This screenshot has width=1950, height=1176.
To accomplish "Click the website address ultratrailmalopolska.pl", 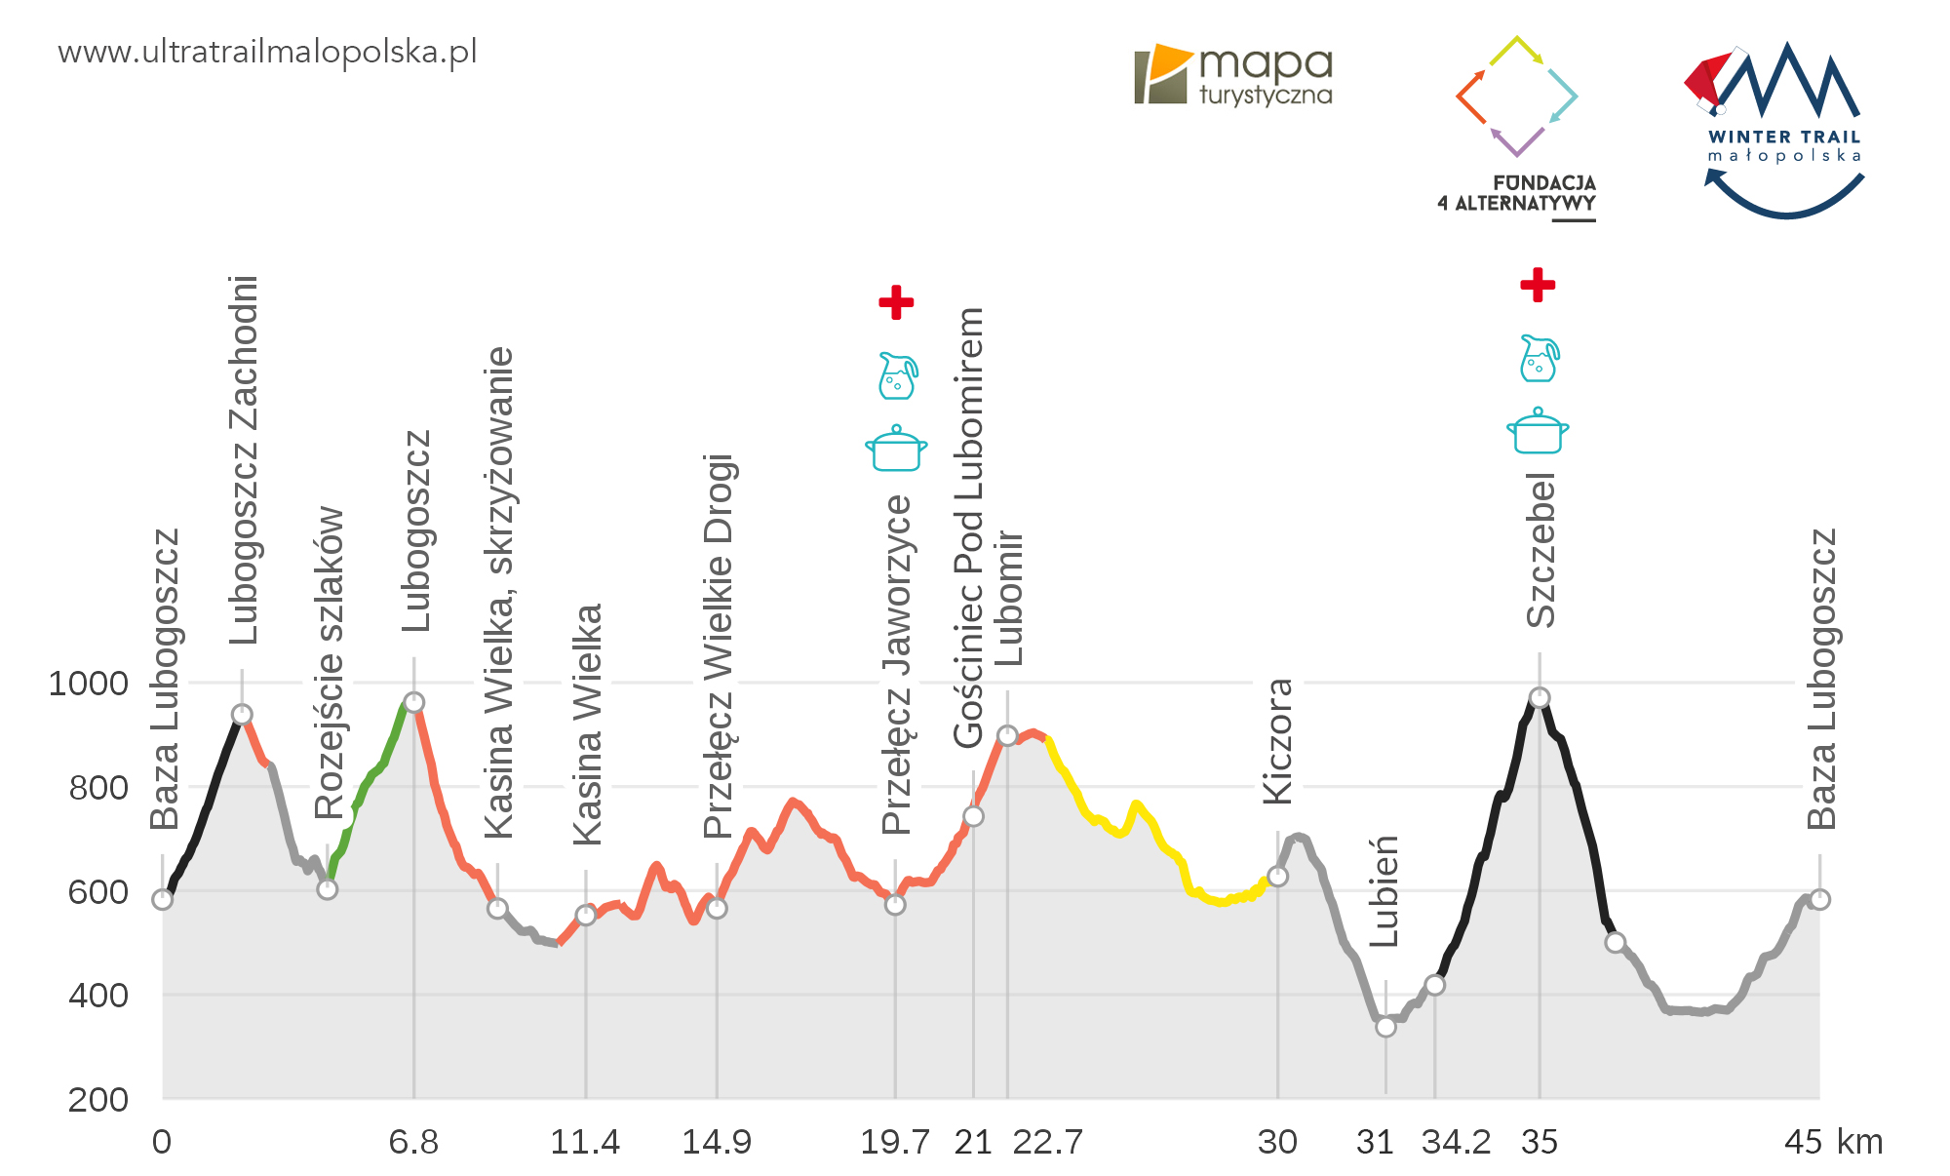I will tap(267, 52).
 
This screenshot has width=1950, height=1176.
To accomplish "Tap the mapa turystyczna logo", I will tap(1233, 74).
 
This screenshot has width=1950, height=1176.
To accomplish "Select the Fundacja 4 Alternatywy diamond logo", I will tap(1516, 96).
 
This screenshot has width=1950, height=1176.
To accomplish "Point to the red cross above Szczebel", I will tap(1538, 285).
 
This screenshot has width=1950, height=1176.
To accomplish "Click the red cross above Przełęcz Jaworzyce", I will tap(896, 302).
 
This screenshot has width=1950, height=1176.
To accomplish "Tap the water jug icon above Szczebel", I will tap(1540, 358).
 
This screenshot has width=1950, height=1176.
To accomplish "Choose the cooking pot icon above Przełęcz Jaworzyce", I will tap(896, 449).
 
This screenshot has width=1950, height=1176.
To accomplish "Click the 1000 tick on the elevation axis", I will tap(89, 684).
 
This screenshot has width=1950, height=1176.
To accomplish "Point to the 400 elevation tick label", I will tap(98, 996).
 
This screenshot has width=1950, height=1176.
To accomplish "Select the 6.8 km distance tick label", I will tap(413, 1142).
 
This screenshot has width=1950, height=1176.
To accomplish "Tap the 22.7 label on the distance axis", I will tap(1047, 1142).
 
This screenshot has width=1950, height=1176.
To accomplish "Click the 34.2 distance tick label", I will tap(1456, 1142).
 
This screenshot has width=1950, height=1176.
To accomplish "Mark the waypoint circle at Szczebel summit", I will tap(1540, 697).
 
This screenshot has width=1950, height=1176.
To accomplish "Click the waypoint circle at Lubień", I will tap(1385, 1026).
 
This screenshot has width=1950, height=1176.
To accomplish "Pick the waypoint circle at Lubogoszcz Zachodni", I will tap(242, 715).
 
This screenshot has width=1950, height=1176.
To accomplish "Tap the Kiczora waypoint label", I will tap(1277, 741).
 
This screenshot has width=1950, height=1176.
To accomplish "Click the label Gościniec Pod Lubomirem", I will tap(969, 527).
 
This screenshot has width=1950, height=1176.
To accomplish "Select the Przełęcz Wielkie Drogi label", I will tap(719, 646).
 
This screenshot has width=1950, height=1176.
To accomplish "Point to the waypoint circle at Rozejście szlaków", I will tap(328, 888).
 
